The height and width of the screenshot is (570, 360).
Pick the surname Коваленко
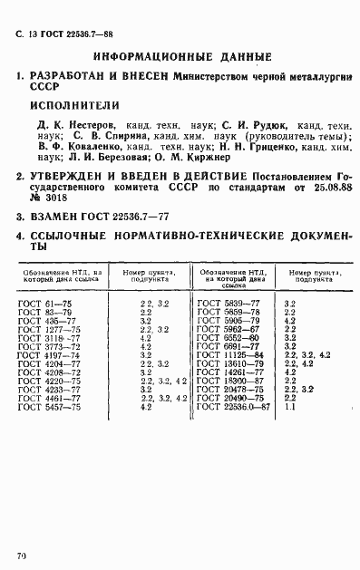(87, 146)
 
